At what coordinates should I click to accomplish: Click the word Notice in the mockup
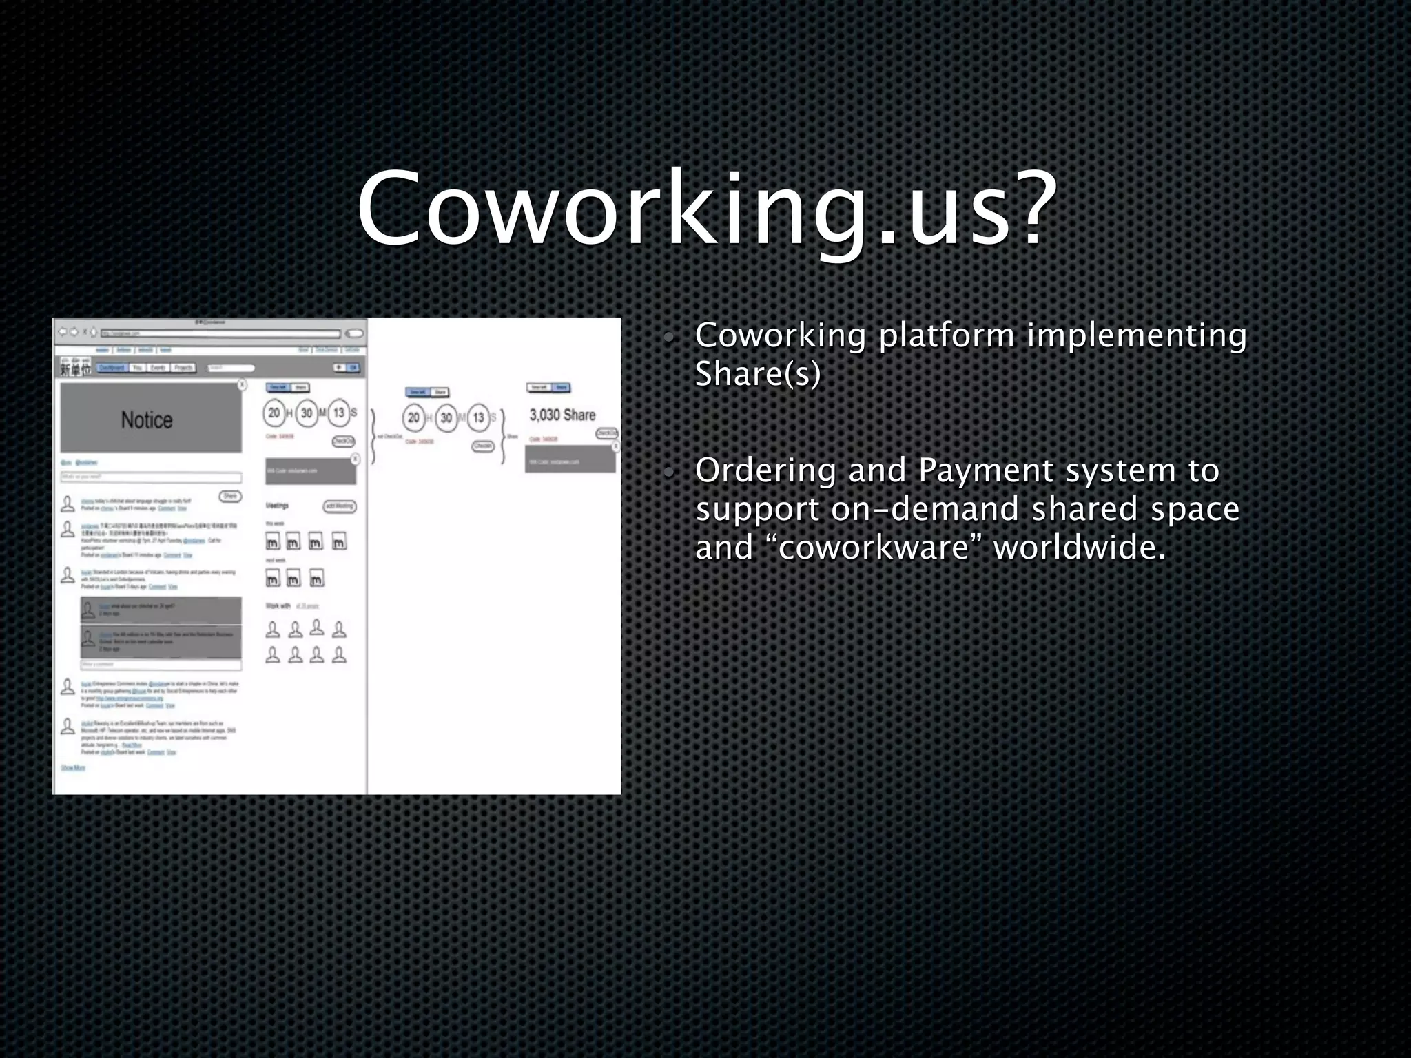point(147,420)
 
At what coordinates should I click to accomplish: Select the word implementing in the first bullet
point(1137,336)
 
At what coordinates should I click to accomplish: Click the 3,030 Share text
point(562,415)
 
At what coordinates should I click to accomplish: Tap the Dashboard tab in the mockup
point(112,368)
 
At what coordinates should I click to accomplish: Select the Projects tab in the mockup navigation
point(183,368)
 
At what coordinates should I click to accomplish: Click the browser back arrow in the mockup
point(63,332)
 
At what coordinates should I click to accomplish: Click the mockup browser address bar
point(220,333)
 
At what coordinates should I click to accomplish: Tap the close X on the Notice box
point(242,384)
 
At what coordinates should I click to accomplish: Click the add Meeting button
point(339,506)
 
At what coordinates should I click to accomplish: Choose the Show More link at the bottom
point(73,767)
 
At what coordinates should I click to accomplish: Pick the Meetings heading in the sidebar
point(277,506)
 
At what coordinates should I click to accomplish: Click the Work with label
point(278,606)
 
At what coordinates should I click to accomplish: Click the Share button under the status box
point(230,496)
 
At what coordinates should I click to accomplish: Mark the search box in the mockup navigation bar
point(231,368)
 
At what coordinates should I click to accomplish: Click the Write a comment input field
point(161,665)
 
